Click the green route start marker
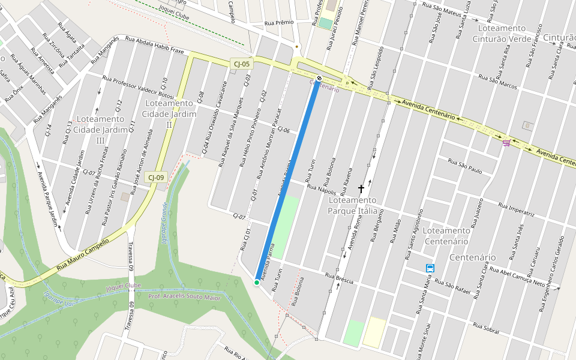coord(257,282)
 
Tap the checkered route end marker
coord(319,78)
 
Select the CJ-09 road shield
coord(157,178)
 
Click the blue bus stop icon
coord(430,268)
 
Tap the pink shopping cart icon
coord(507,142)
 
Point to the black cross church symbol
coord(361,188)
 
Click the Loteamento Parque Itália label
coord(352,205)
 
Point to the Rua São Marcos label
coord(498,83)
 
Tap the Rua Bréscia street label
coord(339,278)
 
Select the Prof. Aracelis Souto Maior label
coord(179,296)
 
